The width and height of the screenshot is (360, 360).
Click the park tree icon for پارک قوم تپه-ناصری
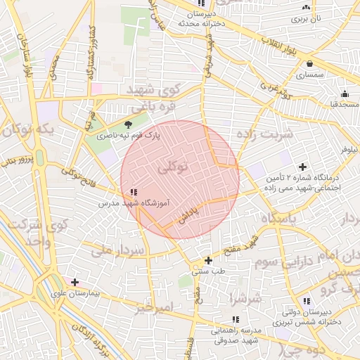point(127,125)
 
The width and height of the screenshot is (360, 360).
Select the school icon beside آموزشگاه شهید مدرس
point(134,192)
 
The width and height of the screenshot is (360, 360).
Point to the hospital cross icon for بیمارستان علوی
point(75,283)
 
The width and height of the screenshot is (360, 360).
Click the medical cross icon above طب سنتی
point(208,260)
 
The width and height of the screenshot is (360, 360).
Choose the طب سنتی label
point(208,270)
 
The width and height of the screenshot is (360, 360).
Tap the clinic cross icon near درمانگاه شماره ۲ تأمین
point(302,167)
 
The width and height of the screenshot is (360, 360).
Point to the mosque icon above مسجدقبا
point(345,94)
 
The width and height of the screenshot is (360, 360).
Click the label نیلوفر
point(349,150)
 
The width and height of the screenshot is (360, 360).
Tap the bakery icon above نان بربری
point(305,7)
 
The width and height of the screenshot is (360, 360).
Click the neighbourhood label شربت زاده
point(265,134)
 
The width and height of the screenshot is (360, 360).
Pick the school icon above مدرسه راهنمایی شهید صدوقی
point(235,319)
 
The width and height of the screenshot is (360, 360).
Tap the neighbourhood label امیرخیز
point(155,307)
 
